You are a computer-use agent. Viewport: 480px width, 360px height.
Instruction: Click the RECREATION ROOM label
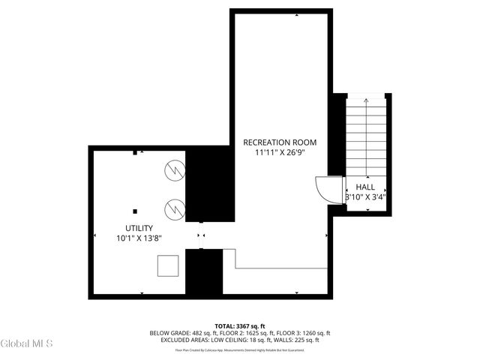click(x=280, y=142)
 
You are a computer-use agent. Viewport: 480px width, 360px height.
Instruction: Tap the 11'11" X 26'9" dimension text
click(x=280, y=152)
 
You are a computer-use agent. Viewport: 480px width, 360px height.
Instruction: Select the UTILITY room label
click(x=139, y=228)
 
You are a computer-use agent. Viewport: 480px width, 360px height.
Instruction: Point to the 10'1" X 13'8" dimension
click(x=139, y=238)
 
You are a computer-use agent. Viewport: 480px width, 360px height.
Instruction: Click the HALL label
click(x=365, y=187)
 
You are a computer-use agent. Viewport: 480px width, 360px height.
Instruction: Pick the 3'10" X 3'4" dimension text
click(x=365, y=198)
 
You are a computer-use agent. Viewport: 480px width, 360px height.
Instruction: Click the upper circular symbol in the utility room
click(x=175, y=171)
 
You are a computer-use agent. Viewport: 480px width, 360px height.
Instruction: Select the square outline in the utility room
click(x=168, y=265)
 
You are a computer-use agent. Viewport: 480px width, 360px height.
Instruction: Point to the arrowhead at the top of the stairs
click(x=366, y=99)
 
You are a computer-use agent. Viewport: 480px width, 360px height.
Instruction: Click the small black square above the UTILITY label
click(x=135, y=211)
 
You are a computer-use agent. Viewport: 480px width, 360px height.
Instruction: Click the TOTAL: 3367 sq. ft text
click(x=239, y=325)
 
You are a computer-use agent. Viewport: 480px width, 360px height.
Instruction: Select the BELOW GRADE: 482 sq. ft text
click(x=181, y=333)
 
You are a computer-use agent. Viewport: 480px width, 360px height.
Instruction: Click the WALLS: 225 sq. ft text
click(x=298, y=340)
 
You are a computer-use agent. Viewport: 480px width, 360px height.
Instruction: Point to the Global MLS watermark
click(x=27, y=344)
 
